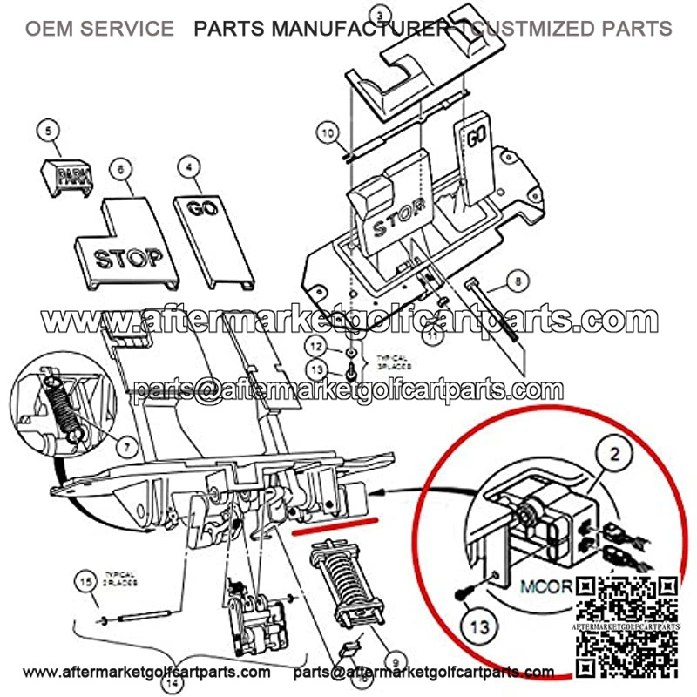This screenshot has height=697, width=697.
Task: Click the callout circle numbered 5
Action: tap(50, 132)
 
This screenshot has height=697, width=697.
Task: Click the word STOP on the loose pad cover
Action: tap(128, 259)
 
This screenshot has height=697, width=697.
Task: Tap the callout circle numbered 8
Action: tap(517, 281)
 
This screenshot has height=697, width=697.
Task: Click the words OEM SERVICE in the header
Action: tap(98, 29)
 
